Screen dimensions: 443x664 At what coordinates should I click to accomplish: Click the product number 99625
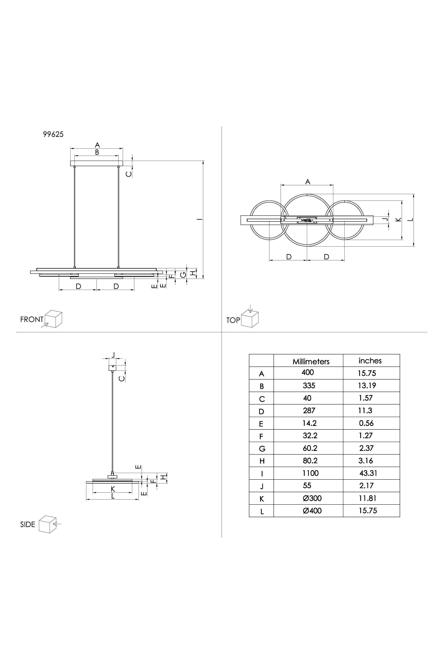53,134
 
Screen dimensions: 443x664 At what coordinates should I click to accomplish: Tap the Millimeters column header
311,361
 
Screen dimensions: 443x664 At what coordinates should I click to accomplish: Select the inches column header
370,361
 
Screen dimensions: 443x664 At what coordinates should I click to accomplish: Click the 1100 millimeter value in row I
311,473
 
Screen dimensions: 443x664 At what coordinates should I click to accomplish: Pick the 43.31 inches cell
368,473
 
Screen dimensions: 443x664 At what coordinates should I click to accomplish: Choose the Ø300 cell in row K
312,498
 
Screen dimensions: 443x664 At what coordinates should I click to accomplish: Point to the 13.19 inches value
367,385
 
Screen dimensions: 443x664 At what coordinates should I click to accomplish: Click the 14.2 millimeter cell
310,423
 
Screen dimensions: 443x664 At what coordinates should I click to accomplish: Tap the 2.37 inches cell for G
366,448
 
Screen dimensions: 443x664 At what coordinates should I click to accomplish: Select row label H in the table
262,461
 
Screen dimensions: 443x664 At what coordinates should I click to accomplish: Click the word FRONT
32,319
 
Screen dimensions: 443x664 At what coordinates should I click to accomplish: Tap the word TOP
233,320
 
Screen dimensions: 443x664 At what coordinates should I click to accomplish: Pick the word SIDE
28,525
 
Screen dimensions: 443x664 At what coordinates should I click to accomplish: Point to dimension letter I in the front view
199,219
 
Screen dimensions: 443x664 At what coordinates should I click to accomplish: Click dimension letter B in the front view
97,152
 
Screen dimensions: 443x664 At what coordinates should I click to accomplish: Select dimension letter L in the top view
411,219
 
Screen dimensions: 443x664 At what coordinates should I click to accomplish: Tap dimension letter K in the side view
113,489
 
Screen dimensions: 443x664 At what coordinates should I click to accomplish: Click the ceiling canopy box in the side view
113,368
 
